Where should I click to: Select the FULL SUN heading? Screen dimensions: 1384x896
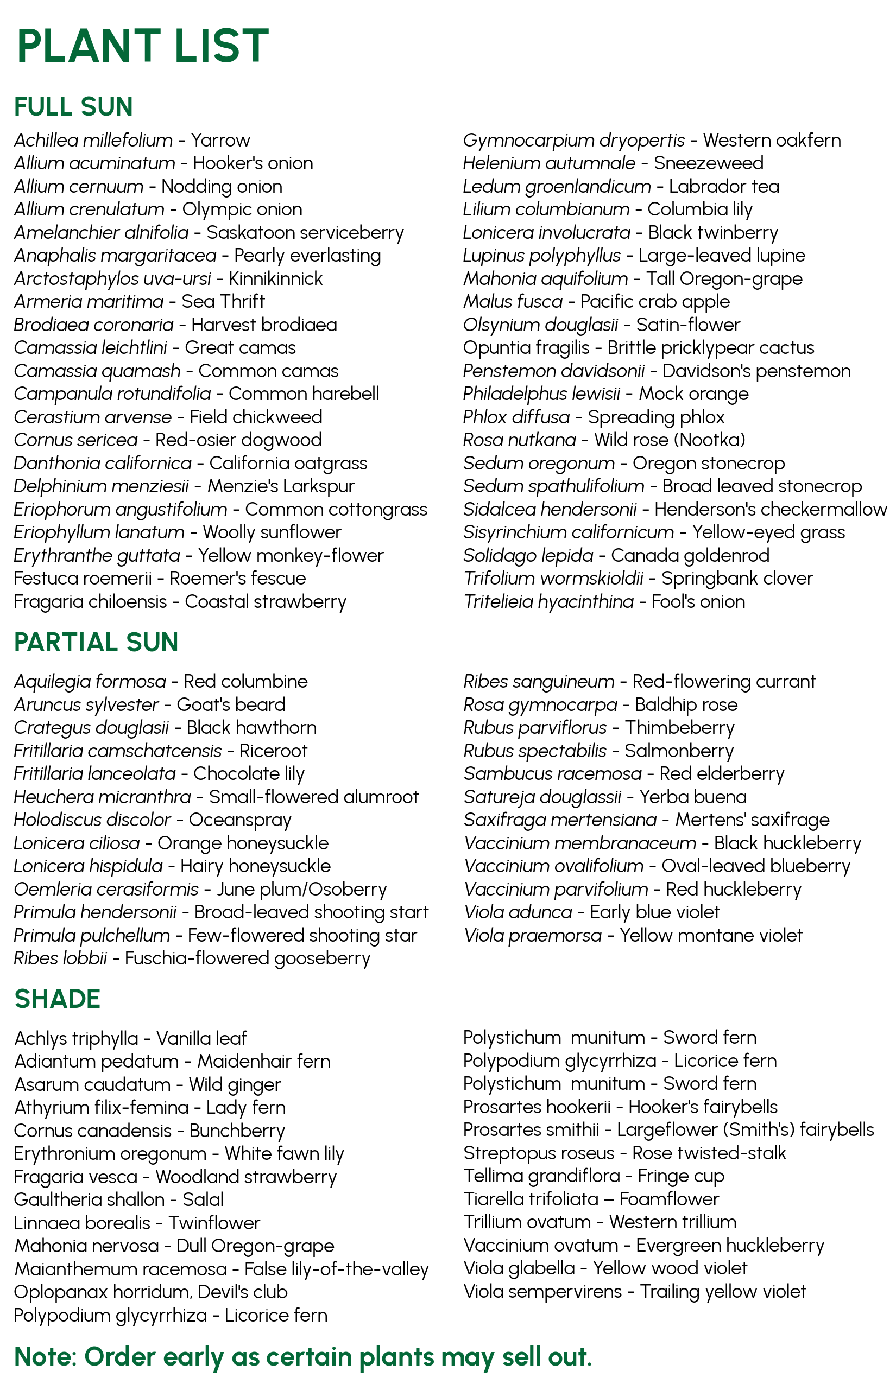pos(73,107)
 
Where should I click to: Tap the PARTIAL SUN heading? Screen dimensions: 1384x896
pos(96,643)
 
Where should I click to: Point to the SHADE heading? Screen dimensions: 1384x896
pos(57,999)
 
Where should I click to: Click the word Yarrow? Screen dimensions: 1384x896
pos(220,141)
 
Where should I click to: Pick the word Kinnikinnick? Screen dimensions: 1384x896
pos(275,279)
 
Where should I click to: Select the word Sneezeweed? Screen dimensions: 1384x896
pos(708,163)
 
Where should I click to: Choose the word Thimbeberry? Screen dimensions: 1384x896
pos(679,727)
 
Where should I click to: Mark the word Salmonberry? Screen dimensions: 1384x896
pos(678,751)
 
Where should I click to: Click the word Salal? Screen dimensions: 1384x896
pos(203,1199)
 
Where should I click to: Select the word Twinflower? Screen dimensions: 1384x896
pos(214,1223)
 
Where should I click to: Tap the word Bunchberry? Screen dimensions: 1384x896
pos(237,1131)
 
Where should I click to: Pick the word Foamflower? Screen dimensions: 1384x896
pos(669,1199)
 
